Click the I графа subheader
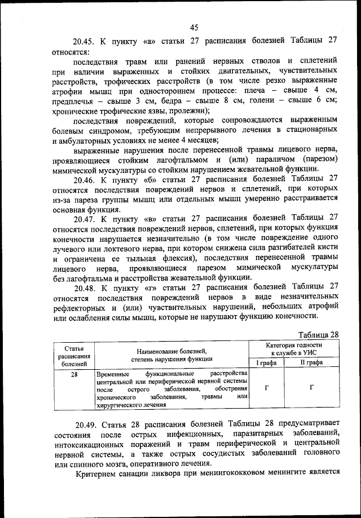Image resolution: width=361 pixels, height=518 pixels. [x=267, y=364]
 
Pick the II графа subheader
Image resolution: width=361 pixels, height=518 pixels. [x=311, y=364]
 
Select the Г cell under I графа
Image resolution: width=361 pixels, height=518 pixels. [x=267, y=388]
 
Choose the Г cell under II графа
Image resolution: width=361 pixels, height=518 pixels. [x=311, y=388]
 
